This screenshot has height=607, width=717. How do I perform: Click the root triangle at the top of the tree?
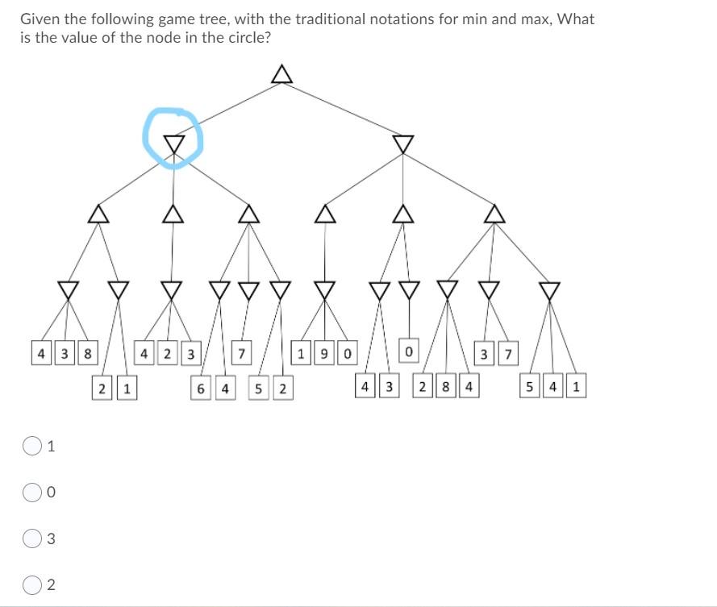(x=280, y=74)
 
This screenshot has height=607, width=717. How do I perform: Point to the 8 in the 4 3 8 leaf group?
(x=86, y=352)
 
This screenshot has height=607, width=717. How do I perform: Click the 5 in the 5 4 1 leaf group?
(x=530, y=388)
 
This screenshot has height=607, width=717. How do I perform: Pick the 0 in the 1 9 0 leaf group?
(x=345, y=352)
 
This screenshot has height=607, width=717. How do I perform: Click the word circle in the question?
(x=244, y=38)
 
